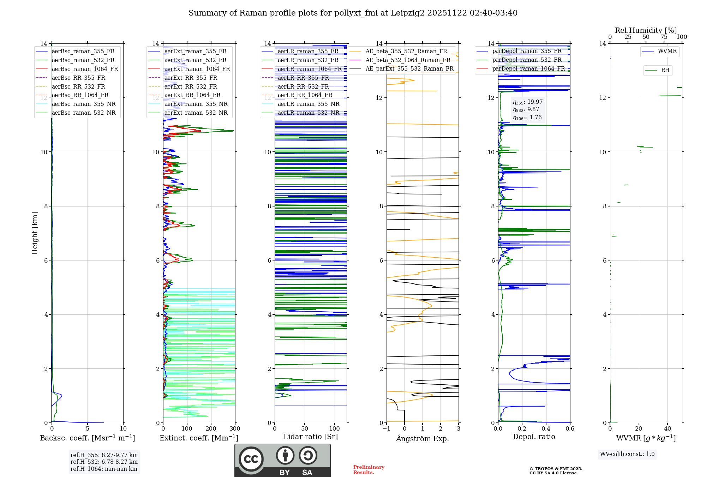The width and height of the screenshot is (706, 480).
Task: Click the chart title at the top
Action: (x=353, y=13)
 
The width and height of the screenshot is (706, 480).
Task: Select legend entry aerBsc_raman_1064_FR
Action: (x=85, y=69)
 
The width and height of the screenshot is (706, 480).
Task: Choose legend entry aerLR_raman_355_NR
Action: (x=308, y=104)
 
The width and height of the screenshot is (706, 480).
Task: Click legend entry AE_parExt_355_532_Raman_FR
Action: (x=409, y=68)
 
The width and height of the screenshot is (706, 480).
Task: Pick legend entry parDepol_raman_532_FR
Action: (x=527, y=60)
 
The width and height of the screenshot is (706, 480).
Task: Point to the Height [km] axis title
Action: (x=35, y=233)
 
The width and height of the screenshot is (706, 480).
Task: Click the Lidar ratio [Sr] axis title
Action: (x=311, y=437)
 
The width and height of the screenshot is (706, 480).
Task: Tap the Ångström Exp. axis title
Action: (x=423, y=438)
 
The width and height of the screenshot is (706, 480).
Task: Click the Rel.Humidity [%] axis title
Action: (x=646, y=30)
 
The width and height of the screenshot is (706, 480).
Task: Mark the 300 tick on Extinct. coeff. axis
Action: (x=235, y=429)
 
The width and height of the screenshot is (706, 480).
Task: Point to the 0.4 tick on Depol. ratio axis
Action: (x=546, y=429)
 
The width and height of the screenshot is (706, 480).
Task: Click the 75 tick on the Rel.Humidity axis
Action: (x=664, y=37)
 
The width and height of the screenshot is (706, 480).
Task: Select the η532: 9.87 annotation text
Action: (x=526, y=109)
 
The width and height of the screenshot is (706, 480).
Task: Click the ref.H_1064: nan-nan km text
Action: (x=104, y=469)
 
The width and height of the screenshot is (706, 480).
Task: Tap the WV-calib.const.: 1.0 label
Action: (x=627, y=454)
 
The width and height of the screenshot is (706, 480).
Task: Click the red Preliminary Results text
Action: (x=369, y=469)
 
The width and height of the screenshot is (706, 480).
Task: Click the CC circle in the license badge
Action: (x=251, y=459)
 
